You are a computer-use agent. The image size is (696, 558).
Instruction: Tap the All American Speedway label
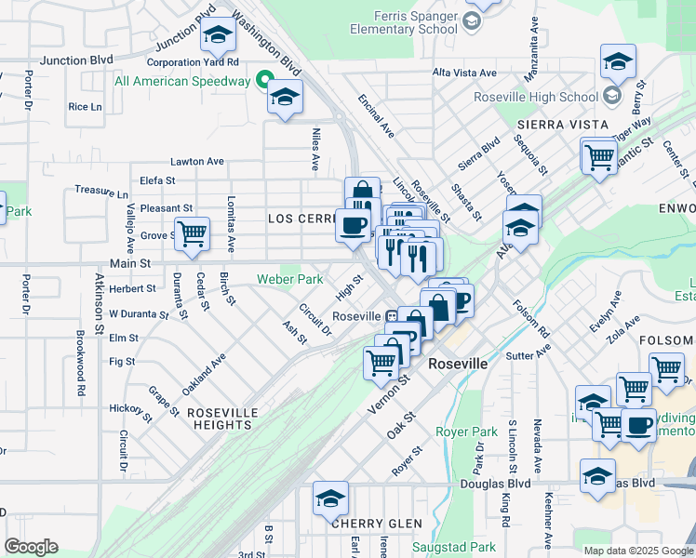pos(182,81)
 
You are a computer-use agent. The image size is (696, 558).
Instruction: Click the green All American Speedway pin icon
pos(264,81)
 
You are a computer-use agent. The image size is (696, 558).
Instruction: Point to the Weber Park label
pos(290,279)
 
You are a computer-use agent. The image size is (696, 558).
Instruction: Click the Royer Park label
pos(467,432)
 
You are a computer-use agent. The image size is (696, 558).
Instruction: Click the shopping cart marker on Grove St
pos(193,233)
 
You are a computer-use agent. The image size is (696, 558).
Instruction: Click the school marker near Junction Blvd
pos(218,35)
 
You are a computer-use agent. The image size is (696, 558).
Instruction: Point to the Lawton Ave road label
pos(196,161)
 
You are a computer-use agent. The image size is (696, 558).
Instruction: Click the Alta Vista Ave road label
pos(464,73)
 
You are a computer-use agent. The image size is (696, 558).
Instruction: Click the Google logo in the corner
pos(31,547)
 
